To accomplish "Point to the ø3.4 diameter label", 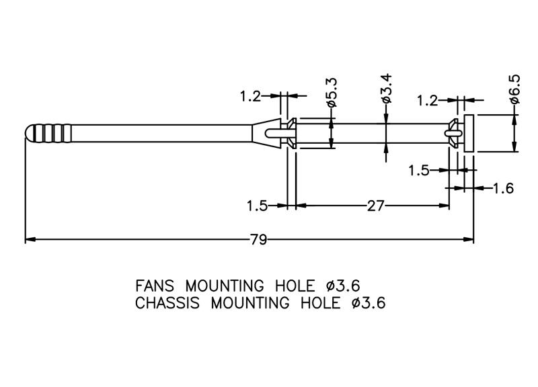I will [x=386, y=89].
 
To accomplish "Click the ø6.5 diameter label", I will [x=514, y=89].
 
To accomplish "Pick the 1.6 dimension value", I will [x=503, y=189].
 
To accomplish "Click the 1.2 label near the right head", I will [x=428, y=101].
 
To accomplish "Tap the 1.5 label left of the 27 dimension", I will [x=258, y=206].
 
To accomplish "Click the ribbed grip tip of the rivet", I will [x=48, y=132].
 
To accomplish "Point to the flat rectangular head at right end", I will [x=469, y=132].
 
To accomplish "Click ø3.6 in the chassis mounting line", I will [x=367, y=302].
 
